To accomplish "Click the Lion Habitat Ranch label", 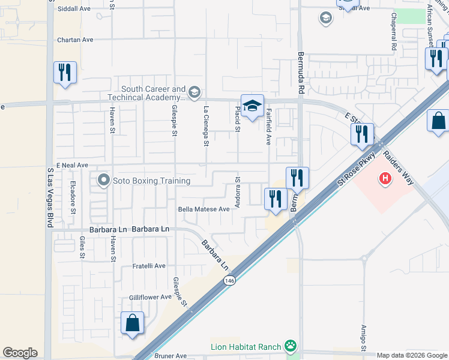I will [x=246, y=346].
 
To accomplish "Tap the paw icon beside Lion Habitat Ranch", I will [x=291, y=345].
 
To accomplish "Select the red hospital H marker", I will [x=384, y=178].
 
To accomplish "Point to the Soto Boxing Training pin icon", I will [x=103, y=180].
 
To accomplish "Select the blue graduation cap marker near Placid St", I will [x=253, y=106].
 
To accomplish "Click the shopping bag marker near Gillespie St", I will [x=132, y=323].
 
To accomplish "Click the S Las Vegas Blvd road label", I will [x=50, y=198].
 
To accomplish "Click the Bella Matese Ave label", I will [x=204, y=209].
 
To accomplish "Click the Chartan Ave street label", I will [x=75, y=40].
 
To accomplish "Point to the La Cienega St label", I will [x=206, y=126].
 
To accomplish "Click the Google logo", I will [x=20, y=353].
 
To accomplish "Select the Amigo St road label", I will [x=364, y=338].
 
